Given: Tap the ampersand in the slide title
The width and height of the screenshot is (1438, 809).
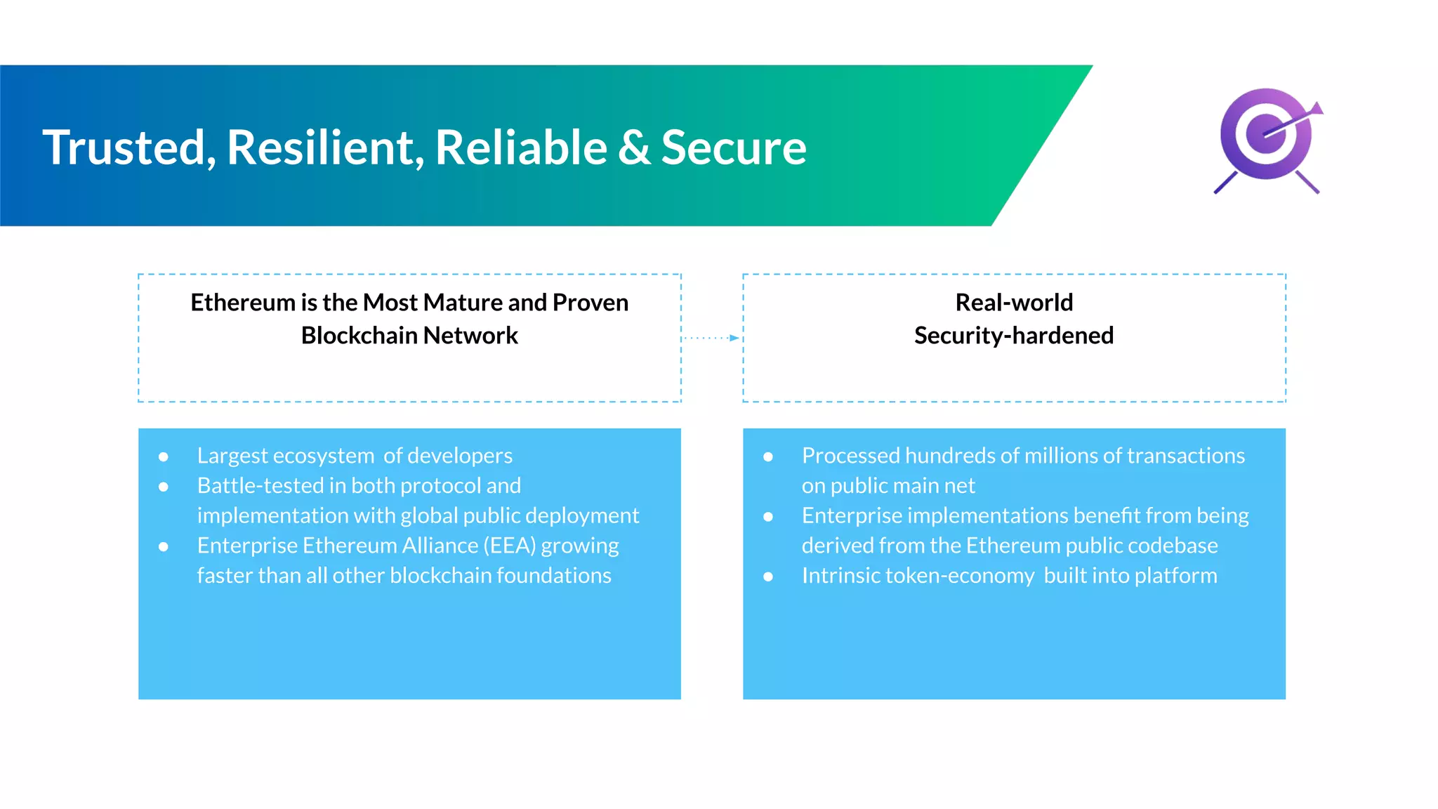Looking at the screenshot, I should click(634, 148).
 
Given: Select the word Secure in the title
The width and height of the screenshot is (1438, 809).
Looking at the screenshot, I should click(734, 148).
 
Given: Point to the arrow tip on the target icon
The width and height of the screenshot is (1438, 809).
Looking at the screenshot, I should click(1317, 108).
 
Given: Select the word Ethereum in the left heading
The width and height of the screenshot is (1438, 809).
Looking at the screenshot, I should click(243, 303).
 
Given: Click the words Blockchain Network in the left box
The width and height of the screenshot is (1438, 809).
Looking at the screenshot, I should click(409, 336).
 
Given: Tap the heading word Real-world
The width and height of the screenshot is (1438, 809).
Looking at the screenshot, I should click(1014, 303).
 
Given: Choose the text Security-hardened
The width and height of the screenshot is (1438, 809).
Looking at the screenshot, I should click(1014, 336).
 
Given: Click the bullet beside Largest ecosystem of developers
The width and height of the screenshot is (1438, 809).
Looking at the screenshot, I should click(164, 457).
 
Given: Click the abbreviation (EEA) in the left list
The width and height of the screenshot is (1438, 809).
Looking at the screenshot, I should click(510, 546).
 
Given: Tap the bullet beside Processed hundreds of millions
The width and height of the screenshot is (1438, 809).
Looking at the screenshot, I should click(768, 457).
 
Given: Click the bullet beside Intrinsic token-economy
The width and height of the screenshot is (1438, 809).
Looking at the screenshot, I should click(768, 577).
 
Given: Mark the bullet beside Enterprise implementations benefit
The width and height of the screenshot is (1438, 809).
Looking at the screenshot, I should click(768, 517).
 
